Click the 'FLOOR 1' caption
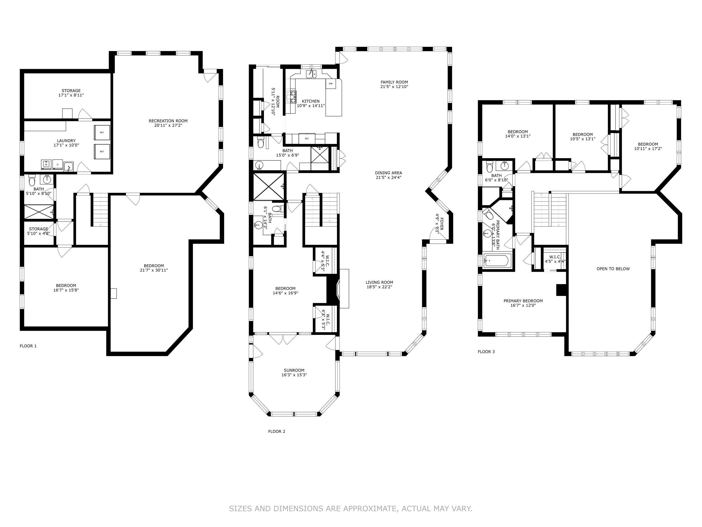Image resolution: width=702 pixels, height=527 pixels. coord(28,346)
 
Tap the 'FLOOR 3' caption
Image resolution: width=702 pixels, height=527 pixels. coord(486,352)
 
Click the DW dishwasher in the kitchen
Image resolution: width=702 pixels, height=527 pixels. coord(331,84)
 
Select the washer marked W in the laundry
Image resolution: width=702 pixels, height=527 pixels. coord(46,165)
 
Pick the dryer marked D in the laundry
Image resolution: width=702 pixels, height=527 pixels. coord(57,165)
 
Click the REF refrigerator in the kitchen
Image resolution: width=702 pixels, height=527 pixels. coord(307,138)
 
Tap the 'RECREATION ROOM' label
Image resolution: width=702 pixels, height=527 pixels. coord(168,121)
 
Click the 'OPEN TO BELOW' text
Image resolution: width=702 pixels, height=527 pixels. coord(613,269)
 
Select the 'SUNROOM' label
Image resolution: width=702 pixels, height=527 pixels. coord(294,370)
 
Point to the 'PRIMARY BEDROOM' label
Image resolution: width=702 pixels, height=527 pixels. coord(523,301)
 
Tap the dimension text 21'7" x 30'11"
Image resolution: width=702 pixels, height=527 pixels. coord(154,270)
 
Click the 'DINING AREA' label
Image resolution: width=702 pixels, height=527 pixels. coord(388,173)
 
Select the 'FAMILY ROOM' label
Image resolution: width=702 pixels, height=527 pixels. coord(394,82)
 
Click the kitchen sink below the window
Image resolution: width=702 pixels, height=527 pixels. coord(311,74)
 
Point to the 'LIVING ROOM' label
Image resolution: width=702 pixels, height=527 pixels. coord(379,282)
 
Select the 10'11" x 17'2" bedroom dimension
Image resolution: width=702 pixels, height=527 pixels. coord(648,149)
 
